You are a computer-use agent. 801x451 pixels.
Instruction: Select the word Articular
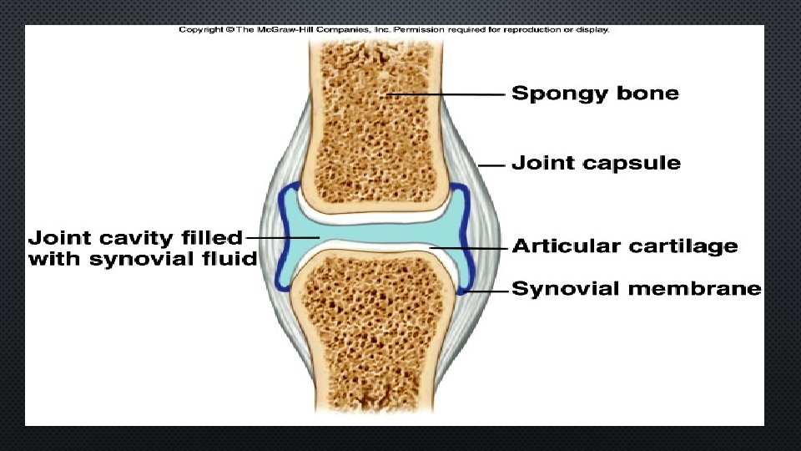pos(566,246)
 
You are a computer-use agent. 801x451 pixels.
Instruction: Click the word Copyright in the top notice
pos(200,30)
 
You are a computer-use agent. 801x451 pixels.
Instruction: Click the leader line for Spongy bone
pos(446,94)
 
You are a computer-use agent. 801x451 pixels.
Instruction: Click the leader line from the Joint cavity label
pos(284,237)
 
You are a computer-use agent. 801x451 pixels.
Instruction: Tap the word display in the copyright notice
pos(593,30)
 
